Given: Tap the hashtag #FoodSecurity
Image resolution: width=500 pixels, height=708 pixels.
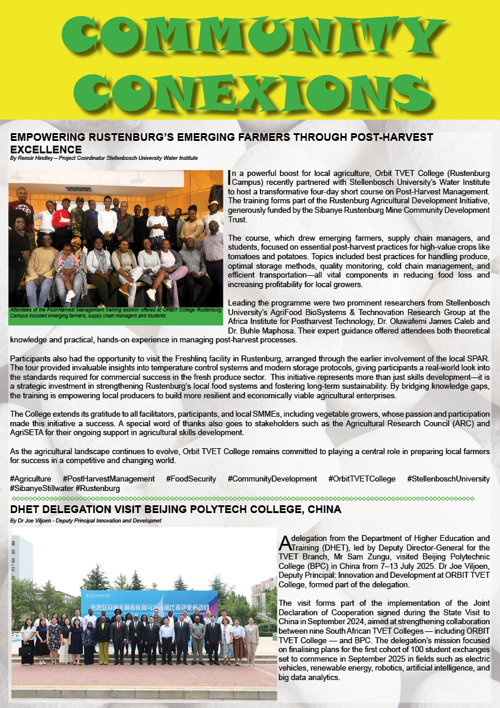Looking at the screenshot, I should pyautogui.click(x=191, y=479).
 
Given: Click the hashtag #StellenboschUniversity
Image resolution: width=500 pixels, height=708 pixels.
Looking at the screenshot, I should pyautogui.click(x=448, y=479).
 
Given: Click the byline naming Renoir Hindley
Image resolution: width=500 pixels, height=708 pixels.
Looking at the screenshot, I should pyautogui.click(x=104, y=158).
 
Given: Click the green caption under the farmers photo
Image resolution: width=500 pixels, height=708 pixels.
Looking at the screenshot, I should pyautogui.click(x=116, y=313).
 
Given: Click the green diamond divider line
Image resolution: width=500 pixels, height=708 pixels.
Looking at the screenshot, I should pyautogui.click(x=243, y=498).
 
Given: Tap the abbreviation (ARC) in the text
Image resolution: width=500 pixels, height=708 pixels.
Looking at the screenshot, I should pyautogui.click(x=464, y=423).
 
